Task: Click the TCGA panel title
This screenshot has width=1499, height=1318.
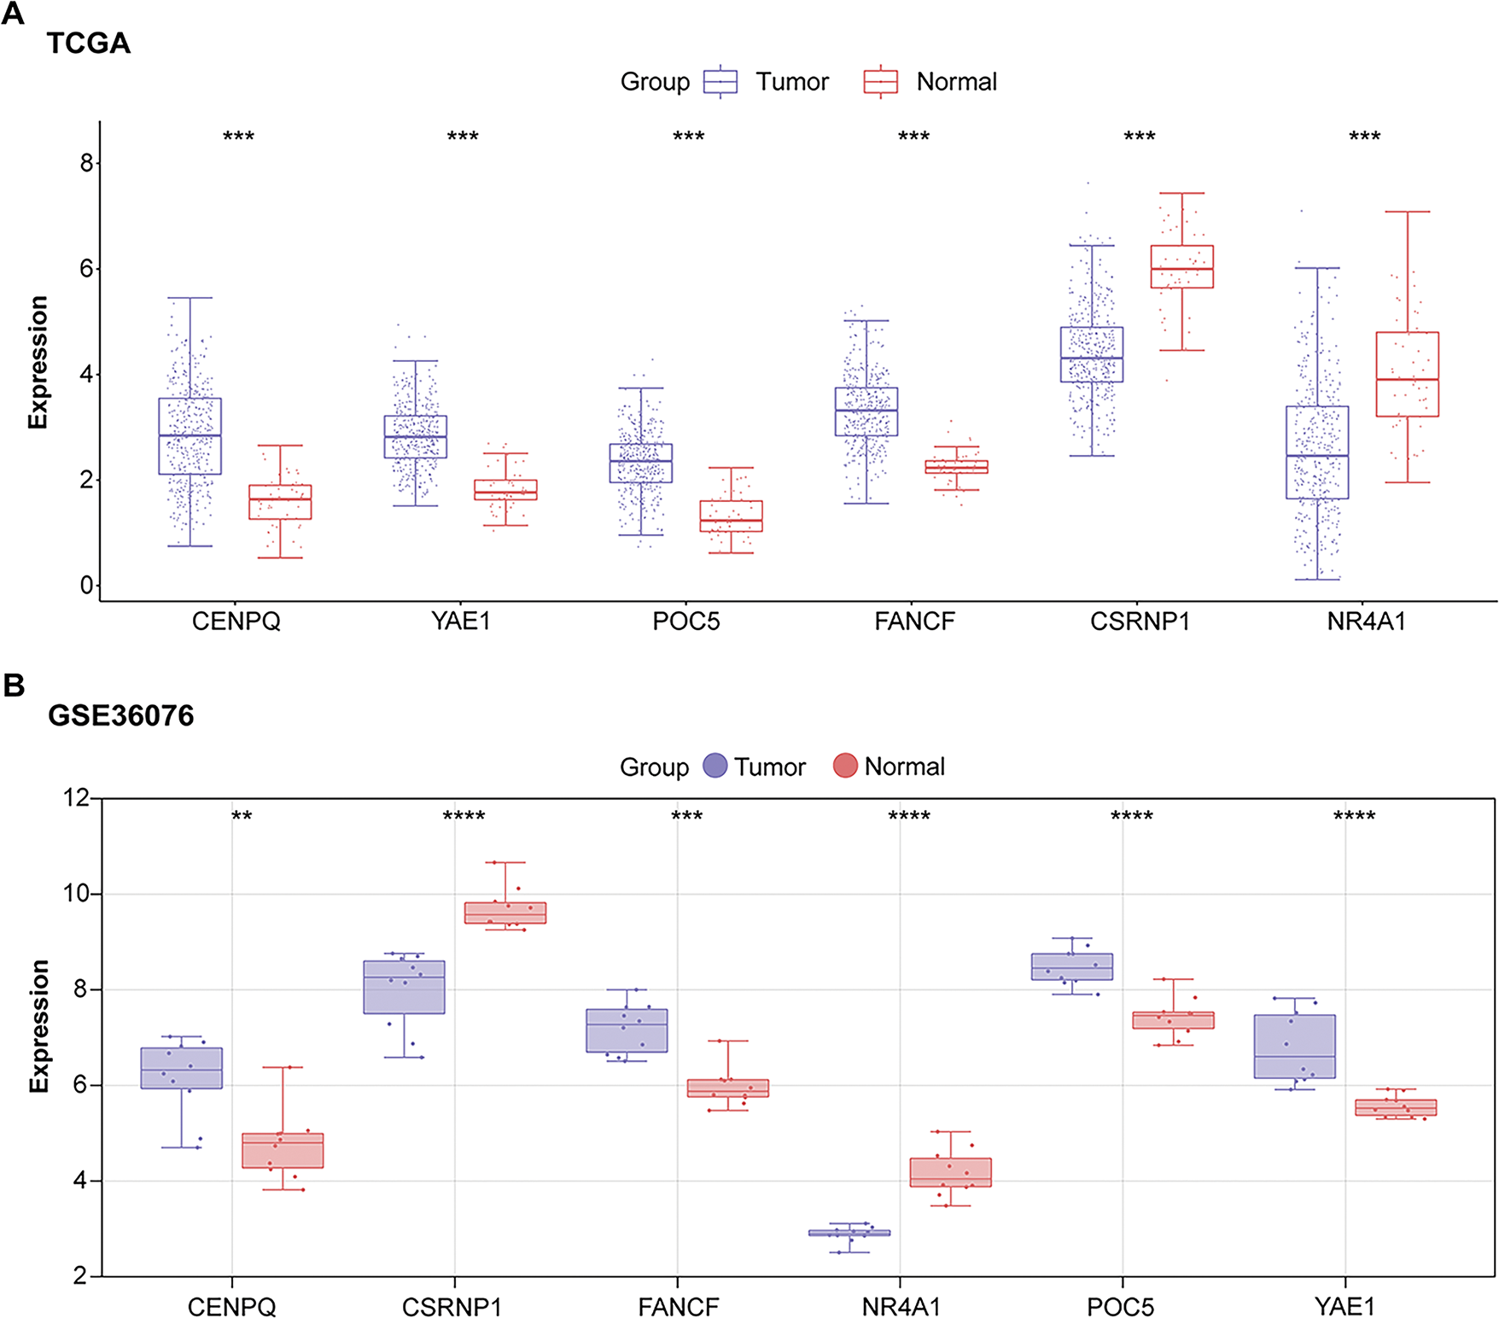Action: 88,43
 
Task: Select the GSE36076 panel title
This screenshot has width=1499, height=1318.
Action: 120,715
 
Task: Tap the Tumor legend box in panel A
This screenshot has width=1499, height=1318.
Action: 720,82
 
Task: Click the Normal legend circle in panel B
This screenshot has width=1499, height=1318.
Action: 845,766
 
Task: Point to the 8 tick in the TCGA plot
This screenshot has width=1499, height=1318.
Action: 86,163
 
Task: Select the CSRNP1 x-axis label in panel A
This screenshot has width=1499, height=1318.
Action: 1140,621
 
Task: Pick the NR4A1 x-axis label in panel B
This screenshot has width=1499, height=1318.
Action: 901,1307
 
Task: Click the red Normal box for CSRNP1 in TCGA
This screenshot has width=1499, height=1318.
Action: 1182,267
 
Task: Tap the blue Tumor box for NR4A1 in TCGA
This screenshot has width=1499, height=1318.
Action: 1317,452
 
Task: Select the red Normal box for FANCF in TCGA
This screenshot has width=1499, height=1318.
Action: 957,467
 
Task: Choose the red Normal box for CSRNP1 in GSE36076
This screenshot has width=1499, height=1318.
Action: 505,913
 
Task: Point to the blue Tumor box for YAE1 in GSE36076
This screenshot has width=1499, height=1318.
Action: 1295,1047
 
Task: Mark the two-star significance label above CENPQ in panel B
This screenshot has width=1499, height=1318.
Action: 242,817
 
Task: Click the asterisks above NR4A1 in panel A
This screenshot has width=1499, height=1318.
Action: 1364,137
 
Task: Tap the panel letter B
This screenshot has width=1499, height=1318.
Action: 14,685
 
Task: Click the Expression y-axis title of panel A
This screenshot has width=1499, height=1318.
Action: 38,362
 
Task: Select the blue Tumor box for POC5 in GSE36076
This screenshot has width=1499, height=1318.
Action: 1072,966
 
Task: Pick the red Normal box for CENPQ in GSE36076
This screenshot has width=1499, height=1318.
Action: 283,1151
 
